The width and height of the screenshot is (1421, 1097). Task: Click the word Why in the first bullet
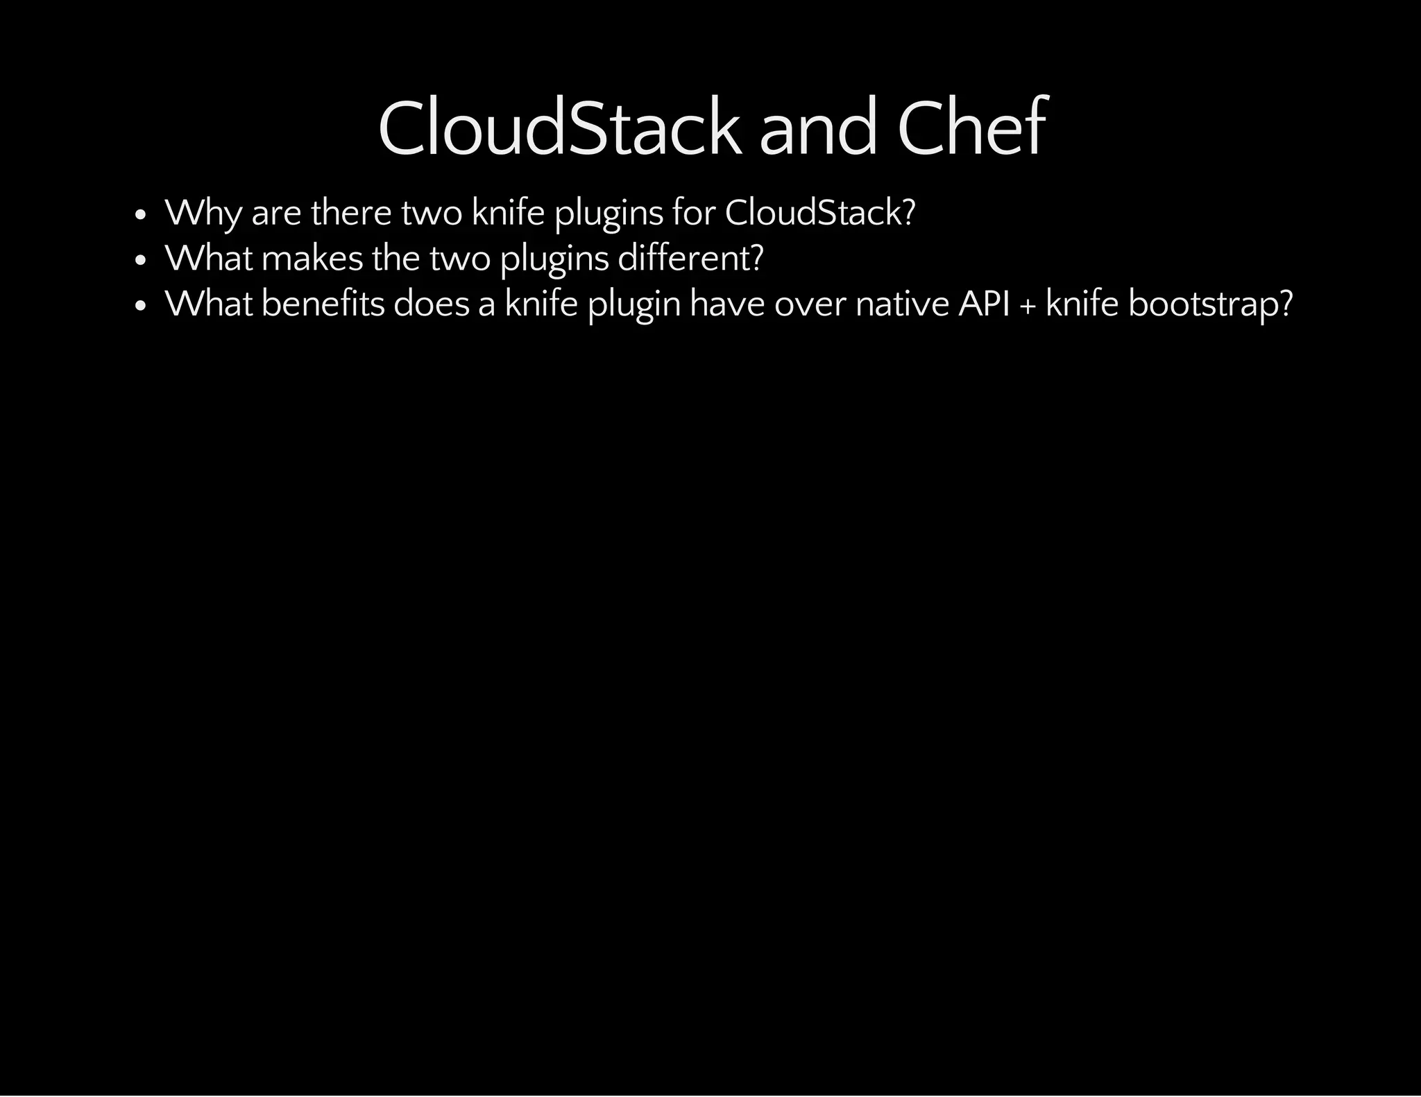(203, 213)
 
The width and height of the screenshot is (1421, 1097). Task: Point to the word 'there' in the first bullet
(351, 212)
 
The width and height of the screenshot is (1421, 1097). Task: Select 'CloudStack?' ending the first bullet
(820, 212)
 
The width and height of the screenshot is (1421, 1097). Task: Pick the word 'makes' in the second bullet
(312, 258)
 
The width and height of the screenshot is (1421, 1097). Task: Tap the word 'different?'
(690, 258)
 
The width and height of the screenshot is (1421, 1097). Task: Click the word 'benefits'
(323, 304)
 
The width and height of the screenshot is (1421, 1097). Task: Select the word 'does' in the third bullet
(432, 304)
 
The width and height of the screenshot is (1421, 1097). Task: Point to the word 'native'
(902, 304)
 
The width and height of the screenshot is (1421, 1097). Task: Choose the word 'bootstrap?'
(1211, 304)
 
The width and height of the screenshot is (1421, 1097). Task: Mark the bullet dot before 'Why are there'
(140, 215)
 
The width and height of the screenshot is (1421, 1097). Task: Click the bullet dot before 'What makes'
(140, 261)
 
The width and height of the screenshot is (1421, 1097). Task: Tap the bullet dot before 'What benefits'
(140, 306)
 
